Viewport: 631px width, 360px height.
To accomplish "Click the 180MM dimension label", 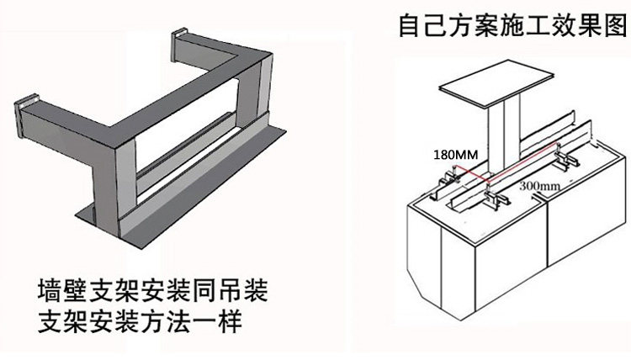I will [x=453, y=155].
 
